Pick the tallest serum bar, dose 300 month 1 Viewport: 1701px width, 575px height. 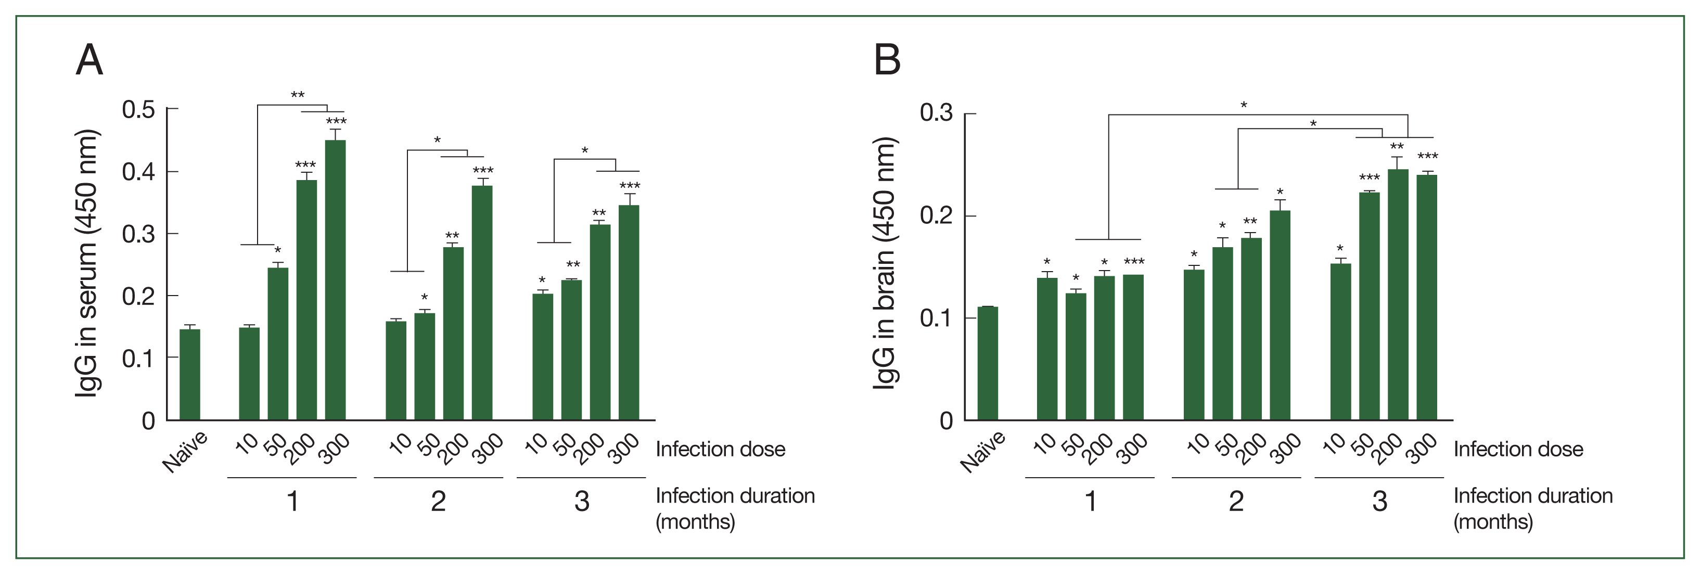click(336, 280)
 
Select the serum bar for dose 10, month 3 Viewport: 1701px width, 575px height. click(543, 356)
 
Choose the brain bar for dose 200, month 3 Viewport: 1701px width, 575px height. click(1398, 295)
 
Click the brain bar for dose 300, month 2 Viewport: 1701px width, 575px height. click(1280, 315)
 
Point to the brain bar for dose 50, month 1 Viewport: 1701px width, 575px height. click(1076, 356)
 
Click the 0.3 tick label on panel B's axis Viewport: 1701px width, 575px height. click(936, 113)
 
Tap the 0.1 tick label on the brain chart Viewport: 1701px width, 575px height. click(936, 318)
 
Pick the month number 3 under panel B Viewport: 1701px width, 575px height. click(1379, 501)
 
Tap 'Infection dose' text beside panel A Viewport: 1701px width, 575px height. click(721, 450)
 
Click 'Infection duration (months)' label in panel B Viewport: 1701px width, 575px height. click(1532, 508)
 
